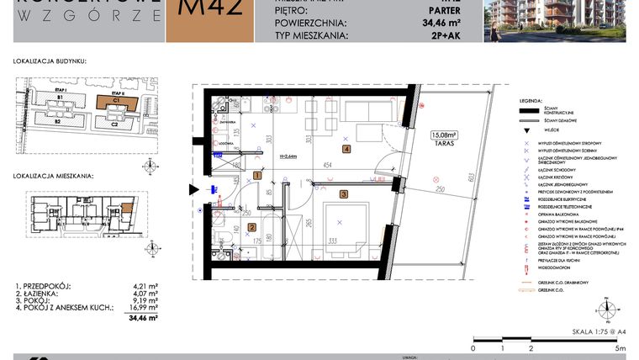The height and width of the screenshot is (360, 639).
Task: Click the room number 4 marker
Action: (346, 150)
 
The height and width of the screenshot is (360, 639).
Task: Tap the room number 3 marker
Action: (343, 194)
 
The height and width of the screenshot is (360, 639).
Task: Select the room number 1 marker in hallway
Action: (256, 176)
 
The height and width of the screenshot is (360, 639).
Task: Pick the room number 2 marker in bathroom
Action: (252, 227)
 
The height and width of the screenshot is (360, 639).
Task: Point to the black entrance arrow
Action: (195, 190)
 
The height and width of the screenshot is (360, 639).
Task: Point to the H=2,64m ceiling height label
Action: (289, 156)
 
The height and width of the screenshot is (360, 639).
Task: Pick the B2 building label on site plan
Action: (59, 122)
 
